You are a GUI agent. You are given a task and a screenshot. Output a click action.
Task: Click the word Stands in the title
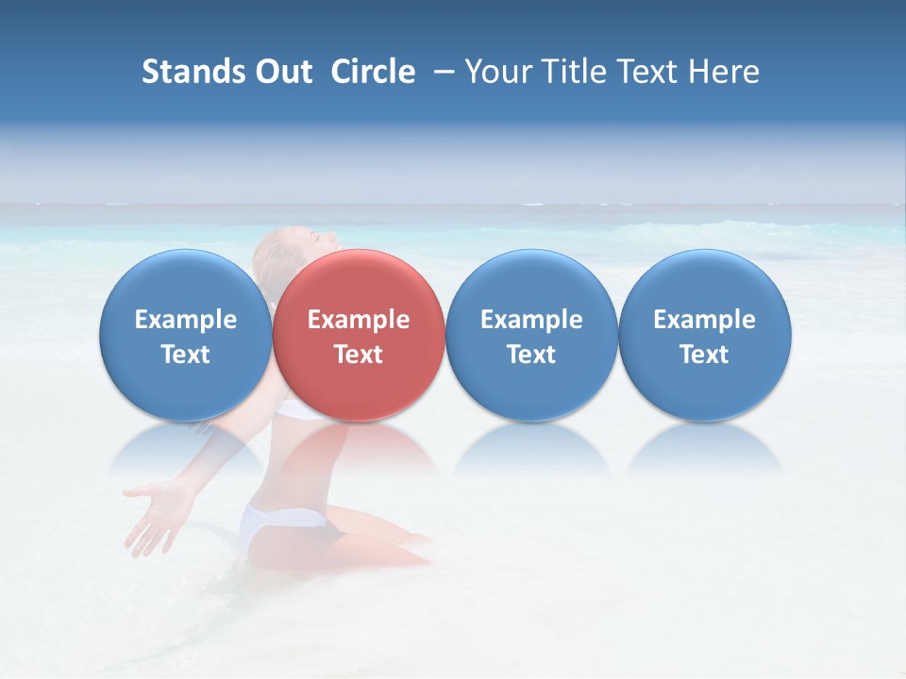[193, 72]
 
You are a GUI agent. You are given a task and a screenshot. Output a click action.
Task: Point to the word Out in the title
[284, 72]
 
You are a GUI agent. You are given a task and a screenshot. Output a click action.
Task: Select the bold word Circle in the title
[373, 72]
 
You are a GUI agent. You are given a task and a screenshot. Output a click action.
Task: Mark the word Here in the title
[726, 72]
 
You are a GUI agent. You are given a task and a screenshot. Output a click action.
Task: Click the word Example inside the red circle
[359, 320]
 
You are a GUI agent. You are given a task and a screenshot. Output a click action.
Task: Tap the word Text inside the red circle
[359, 355]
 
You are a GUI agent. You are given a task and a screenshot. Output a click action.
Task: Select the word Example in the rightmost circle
[705, 320]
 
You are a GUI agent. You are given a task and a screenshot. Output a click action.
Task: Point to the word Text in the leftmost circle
[186, 355]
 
